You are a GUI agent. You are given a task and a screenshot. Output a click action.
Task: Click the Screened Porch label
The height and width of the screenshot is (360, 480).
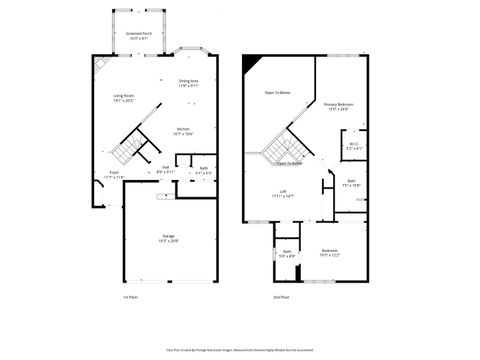(139, 35)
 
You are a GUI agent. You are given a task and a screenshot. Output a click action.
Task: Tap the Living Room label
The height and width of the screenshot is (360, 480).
(123, 98)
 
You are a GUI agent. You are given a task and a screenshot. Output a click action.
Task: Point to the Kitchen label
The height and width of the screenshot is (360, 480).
(184, 130)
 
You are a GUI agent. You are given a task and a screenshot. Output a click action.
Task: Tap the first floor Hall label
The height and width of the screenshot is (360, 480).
(165, 169)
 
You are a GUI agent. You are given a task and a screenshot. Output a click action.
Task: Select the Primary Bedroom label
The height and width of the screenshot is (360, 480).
(338, 106)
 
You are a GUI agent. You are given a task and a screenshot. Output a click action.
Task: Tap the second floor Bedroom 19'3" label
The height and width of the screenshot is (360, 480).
(330, 252)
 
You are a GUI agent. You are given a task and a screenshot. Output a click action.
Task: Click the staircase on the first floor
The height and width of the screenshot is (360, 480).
(122, 152)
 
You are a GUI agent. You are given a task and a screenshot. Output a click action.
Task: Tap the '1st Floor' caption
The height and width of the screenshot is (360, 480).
(130, 297)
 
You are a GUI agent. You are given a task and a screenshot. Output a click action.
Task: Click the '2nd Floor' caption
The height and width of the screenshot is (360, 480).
(282, 297)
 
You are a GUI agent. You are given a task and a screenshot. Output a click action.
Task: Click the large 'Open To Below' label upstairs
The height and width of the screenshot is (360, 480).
(277, 92)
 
